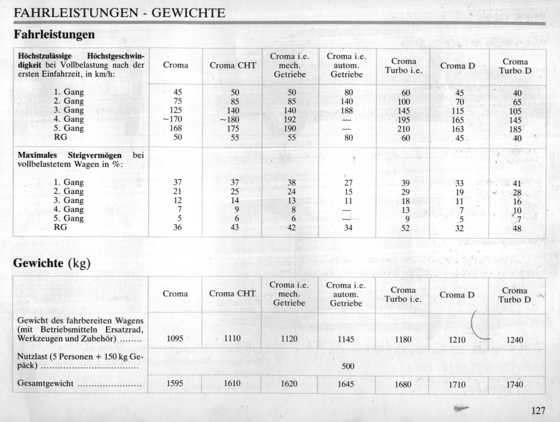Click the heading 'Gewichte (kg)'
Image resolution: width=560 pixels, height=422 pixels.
point(52,263)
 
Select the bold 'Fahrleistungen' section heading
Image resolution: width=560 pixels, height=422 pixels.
point(54,34)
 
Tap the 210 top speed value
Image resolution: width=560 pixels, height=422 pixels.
point(404,129)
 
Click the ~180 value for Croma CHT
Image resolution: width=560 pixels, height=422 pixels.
point(230,119)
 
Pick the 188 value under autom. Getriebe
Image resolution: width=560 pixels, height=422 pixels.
point(347,111)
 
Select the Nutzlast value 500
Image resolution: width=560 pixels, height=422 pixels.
point(348,366)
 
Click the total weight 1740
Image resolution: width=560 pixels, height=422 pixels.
point(515,384)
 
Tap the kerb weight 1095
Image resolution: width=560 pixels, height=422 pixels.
point(175,339)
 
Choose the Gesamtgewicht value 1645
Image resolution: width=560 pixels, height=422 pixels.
point(346,384)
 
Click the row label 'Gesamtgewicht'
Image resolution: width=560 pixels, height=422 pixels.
point(46,383)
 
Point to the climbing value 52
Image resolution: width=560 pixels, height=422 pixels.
point(405,228)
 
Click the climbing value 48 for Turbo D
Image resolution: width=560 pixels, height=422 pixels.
point(517,229)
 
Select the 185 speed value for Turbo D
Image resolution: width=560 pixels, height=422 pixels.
point(515,129)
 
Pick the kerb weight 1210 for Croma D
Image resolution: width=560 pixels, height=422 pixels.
point(457,339)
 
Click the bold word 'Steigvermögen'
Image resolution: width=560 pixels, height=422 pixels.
point(95,155)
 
